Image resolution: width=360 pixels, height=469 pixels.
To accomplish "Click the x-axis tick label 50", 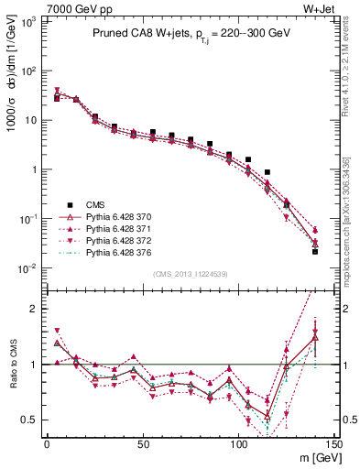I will [143, 443].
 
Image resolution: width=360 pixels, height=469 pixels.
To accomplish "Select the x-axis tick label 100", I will [238, 443].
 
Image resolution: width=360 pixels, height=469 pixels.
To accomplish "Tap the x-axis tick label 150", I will [333, 443].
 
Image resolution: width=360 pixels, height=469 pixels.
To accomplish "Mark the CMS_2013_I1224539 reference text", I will [190, 273].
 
